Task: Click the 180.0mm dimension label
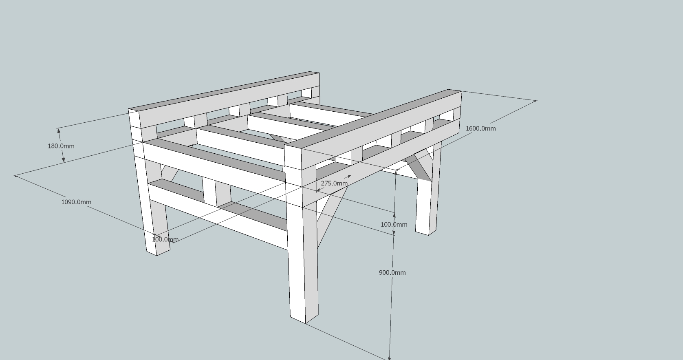[x=61, y=146]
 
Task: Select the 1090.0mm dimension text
[x=76, y=202]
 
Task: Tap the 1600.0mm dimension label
[x=480, y=128]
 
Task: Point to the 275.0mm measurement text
[x=334, y=183]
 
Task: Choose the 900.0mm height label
[x=392, y=273]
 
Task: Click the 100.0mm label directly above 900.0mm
[x=394, y=225]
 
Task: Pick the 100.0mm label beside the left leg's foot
[x=165, y=240]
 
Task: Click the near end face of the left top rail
[x=134, y=119]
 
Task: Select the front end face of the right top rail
[x=293, y=157]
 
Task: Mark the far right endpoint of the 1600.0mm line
[x=536, y=100]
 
